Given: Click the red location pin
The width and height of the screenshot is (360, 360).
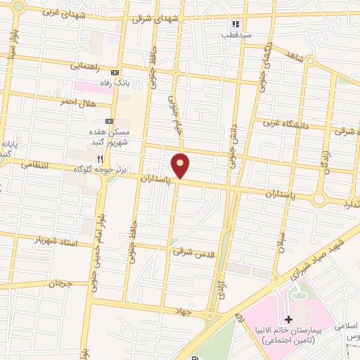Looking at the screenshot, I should coord(181,165).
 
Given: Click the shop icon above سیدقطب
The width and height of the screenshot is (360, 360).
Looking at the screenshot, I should coord(236,23).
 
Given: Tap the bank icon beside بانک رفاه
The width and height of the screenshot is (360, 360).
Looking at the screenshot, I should coord(115,72).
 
